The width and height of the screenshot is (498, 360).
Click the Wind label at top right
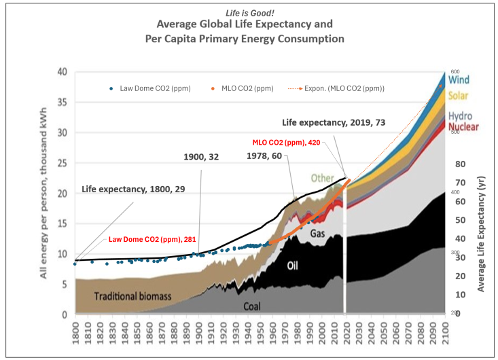pos(458,80)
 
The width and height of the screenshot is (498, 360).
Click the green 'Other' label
pos(322,178)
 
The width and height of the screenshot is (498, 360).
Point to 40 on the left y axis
pos(61,72)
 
